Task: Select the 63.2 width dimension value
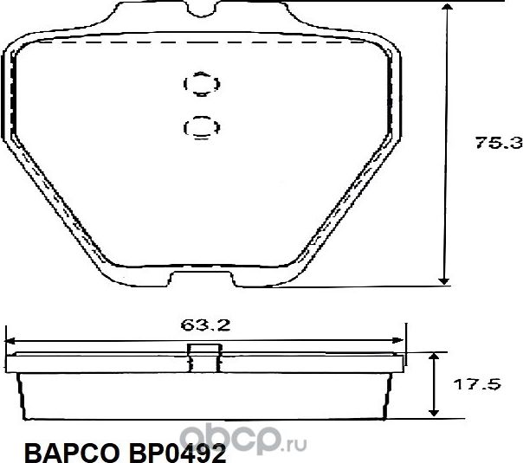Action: coord(204,326)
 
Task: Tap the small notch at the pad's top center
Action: coord(200,10)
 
